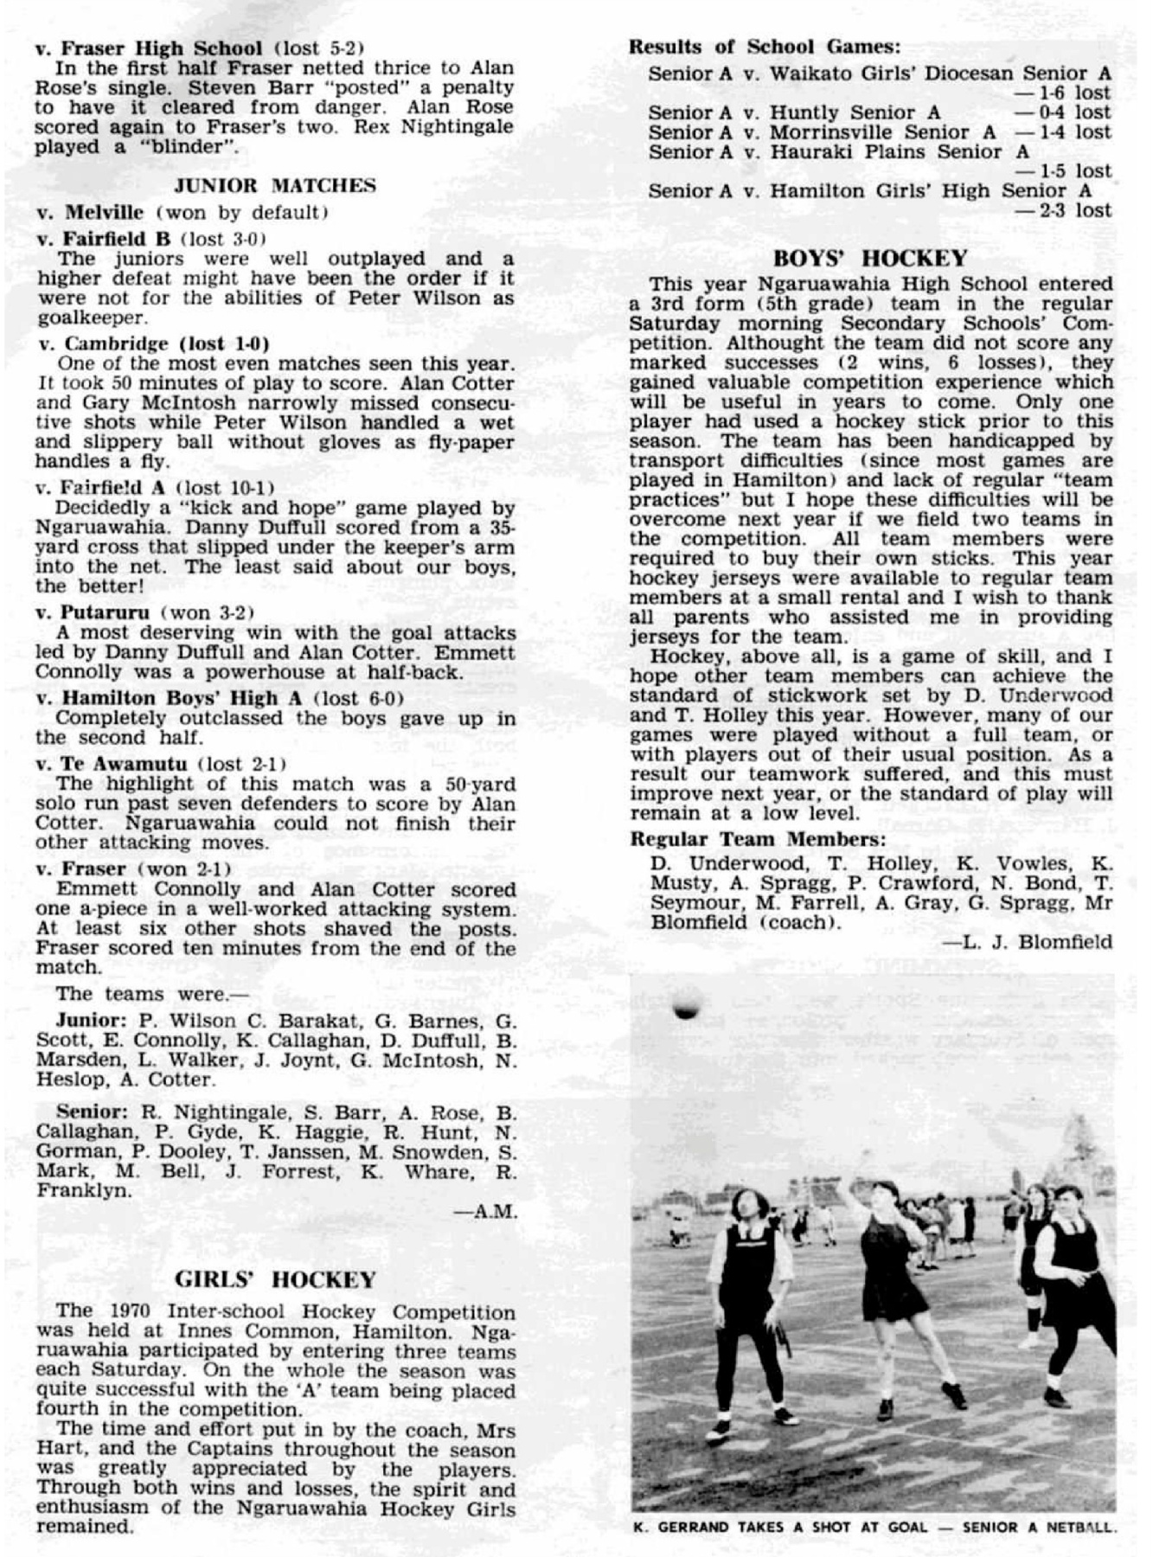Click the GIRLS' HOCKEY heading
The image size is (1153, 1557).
(x=275, y=1279)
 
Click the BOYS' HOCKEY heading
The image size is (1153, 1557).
(x=869, y=258)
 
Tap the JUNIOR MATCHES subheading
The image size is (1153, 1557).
(x=275, y=185)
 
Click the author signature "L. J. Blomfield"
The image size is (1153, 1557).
(x=1037, y=942)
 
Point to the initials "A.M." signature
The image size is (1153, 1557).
(x=496, y=1212)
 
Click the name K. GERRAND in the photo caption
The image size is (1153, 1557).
(x=680, y=1528)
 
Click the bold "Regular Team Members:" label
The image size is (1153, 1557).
(x=758, y=839)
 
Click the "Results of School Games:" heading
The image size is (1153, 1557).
(x=765, y=47)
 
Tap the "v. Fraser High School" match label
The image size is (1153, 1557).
(x=148, y=48)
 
